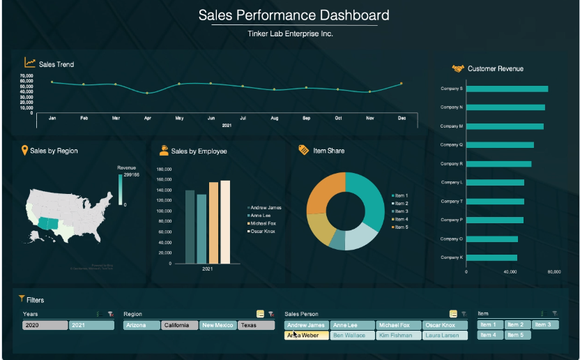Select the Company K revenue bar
click(x=491, y=257)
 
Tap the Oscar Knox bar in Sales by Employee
click(x=225, y=222)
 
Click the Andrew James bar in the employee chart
click(x=190, y=227)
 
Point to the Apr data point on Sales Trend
click(x=146, y=93)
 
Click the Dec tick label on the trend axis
click(x=402, y=119)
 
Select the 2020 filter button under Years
click(x=45, y=325)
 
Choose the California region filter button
click(x=180, y=325)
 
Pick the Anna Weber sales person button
click(x=307, y=336)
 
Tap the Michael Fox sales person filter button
click(x=399, y=325)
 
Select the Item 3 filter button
click(x=544, y=324)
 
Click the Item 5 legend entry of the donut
click(x=401, y=227)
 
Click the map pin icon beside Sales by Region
click(x=25, y=150)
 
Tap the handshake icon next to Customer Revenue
click(x=458, y=68)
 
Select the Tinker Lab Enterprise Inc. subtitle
click(x=290, y=33)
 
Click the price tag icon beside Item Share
click(x=303, y=150)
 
